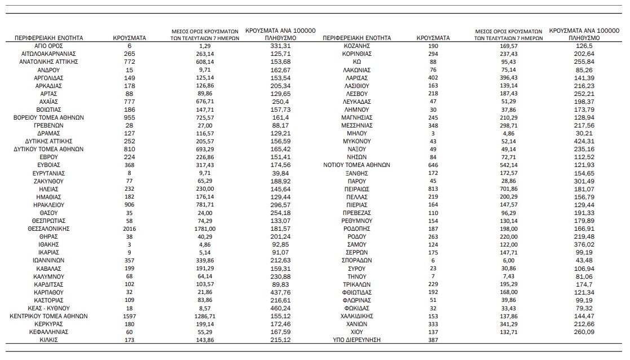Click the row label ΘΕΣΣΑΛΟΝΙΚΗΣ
coord(48,229)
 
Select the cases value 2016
coord(129,229)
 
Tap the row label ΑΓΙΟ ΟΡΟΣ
coord(48,45)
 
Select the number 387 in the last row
coord(433,341)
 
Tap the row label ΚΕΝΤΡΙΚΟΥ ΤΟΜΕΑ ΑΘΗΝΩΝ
coord(48,317)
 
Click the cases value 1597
coord(129,317)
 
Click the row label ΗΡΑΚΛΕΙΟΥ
coord(48,205)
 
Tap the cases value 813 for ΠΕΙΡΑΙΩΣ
coord(433,189)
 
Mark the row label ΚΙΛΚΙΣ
coord(48,341)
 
